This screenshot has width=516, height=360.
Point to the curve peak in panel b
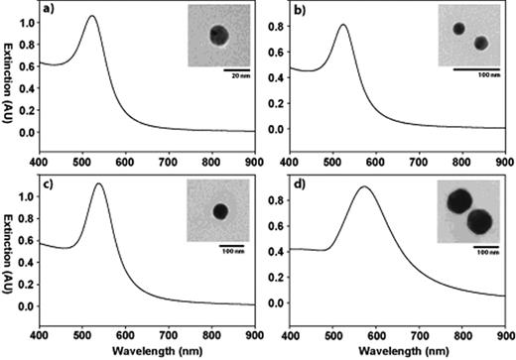(x=342, y=25)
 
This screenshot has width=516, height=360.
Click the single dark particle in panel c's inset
(x=219, y=211)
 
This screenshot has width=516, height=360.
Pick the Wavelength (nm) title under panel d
(x=397, y=351)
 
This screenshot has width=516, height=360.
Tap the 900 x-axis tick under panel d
(x=503, y=334)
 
